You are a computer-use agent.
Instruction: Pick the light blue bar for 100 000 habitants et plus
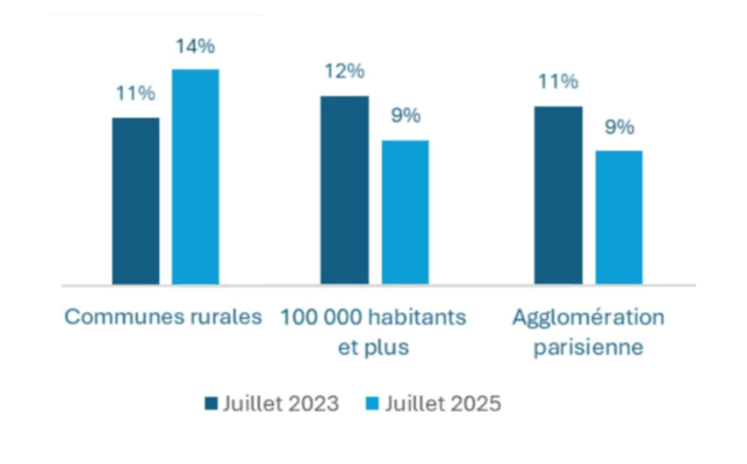pyautogui.click(x=405, y=212)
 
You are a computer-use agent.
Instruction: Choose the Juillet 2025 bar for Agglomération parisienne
pyautogui.click(x=619, y=217)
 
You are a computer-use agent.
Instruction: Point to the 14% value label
pyautogui.click(x=194, y=47)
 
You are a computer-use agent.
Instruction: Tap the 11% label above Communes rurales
pyautogui.click(x=135, y=94)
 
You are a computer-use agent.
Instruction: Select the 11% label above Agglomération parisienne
pyautogui.click(x=557, y=83)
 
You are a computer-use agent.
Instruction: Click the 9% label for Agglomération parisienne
pyautogui.click(x=619, y=127)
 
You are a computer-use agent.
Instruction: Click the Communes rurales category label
pyautogui.click(x=163, y=317)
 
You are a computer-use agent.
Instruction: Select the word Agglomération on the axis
pyautogui.click(x=588, y=317)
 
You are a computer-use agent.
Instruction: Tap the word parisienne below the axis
pyautogui.click(x=588, y=346)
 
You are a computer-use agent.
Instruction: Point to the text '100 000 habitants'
pyautogui.click(x=373, y=317)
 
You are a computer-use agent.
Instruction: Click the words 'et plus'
pyautogui.click(x=373, y=346)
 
